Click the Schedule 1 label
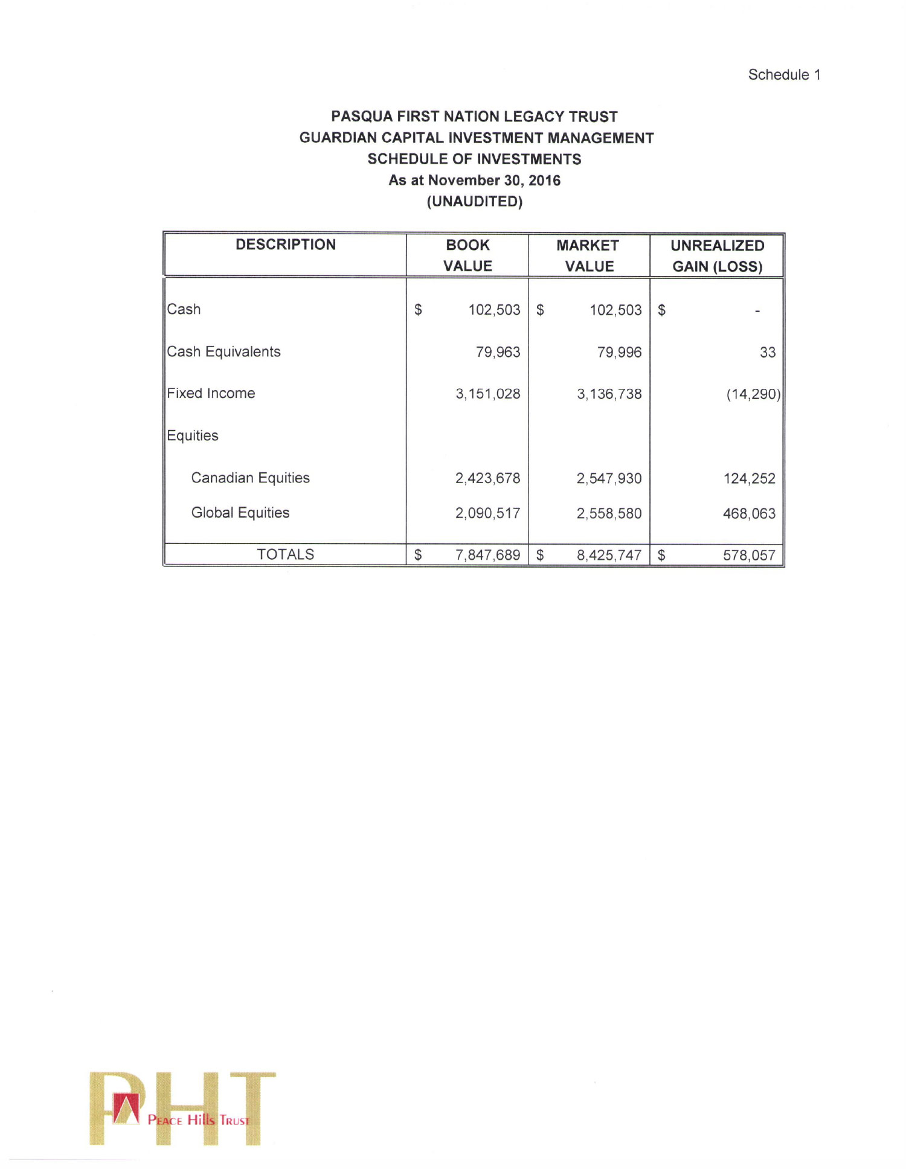coord(783,75)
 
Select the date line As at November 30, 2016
coord(474,181)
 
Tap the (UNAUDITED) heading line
coord(474,202)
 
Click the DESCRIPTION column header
coord(285,245)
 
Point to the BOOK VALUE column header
coord(467,255)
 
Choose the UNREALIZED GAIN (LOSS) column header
coord(717,256)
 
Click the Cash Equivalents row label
coord(223,352)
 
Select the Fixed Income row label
coord(211,394)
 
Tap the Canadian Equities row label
coord(250,478)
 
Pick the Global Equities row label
coord(240,513)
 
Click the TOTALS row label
coord(285,555)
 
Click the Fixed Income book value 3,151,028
coord(487,394)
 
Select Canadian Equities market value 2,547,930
coord(609,479)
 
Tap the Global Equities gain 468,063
coord(749,514)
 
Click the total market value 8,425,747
coord(609,556)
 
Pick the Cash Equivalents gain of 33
coord(767,353)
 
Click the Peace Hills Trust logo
coord(182,1109)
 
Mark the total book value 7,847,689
coord(487,556)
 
